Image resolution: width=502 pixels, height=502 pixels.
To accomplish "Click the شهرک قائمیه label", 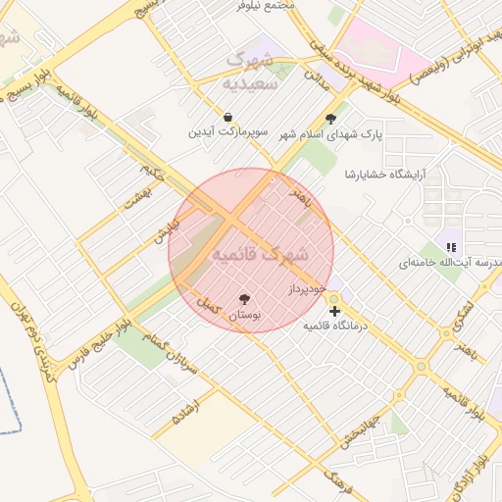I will [259, 254].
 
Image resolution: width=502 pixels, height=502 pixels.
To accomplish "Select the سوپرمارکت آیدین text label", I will [228, 131].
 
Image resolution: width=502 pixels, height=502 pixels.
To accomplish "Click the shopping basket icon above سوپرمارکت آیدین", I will [228, 117].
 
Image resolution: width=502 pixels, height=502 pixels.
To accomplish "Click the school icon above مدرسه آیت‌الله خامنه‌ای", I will [450, 248].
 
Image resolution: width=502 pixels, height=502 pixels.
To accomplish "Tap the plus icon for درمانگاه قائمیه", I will [335, 311].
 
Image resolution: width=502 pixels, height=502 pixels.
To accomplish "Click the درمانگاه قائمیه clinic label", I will [334, 326].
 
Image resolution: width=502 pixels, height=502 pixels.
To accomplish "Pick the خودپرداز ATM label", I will [307, 290].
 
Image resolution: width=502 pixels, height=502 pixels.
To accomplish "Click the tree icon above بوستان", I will [244, 299].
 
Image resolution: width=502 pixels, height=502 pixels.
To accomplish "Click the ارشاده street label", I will [185, 413].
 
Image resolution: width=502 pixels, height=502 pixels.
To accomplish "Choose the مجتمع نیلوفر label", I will [267, 5].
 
